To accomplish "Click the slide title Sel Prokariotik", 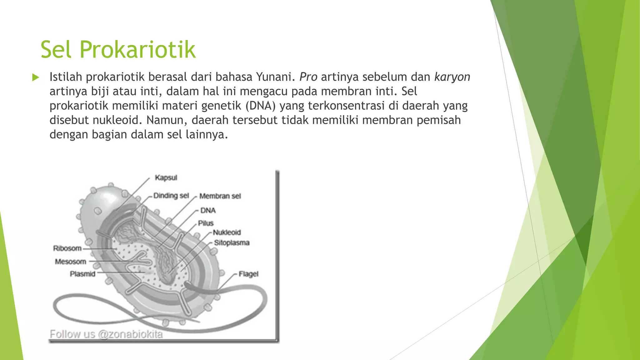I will tap(118, 49).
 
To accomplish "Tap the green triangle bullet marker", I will tap(36, 77).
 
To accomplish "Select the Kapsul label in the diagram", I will tap(166, 177).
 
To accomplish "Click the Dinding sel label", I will tap(171, 196).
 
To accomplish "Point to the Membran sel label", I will tap(220, 196).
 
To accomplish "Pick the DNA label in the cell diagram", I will tap(208, 210).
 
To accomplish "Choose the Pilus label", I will tap(206, 223).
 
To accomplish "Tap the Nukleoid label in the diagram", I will tap(227, 232).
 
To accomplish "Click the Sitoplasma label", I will tap(232, 243).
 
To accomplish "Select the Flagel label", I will tap(248, 274).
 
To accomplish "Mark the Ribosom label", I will tap(67, 248).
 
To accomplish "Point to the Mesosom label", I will tap(70, 262).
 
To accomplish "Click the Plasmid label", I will tap(82, 274).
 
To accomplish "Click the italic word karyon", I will tap(452, 77).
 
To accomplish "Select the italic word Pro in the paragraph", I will tap(308, 77).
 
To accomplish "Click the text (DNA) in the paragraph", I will tap(260, 106).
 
